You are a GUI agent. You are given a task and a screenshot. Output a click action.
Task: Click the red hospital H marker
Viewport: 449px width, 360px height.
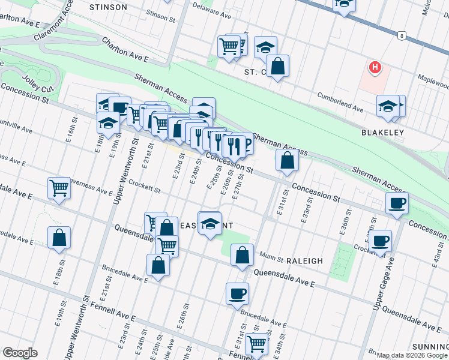tap(375, 67)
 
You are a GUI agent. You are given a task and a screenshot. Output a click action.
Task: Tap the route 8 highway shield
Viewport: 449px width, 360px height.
tap(400, 36)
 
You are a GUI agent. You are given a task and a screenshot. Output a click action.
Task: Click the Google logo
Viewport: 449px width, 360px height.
tap(19, 353)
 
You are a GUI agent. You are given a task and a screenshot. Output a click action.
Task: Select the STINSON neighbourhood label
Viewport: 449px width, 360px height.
tap(108, 7)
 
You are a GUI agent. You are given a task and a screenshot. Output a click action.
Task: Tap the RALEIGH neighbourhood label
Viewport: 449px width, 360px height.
tap(304, 261)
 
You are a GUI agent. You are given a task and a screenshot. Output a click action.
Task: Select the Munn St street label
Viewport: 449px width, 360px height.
tap(271, 256)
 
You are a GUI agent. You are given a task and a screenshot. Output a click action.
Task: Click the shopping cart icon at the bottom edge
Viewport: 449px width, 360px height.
tap(256, 344)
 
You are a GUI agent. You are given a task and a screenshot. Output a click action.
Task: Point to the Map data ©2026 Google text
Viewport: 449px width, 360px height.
tap(412, 355)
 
